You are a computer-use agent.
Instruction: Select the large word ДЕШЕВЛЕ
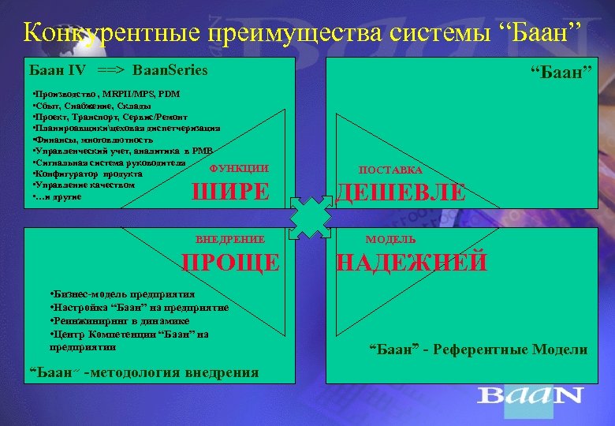tap(401, 192)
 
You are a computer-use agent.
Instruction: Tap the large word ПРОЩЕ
tap(230, 262)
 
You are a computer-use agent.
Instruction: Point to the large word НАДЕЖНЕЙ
tap(412, 262)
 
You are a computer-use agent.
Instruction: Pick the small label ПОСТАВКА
tap(390, 170)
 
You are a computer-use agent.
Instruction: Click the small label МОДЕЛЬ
tap(390, 239)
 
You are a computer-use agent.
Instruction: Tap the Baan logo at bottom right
tap(531, 394)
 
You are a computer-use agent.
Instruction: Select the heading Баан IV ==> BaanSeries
tap(118, 70)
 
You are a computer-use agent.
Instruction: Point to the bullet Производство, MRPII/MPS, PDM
tap(106, 94)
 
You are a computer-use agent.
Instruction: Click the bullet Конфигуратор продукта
tap(88, 174)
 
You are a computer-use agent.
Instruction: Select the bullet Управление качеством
tap(84, 185)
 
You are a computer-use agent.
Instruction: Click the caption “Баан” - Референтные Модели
tap(479, 349)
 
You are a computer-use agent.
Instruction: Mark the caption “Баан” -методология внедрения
tap(143, 372)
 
